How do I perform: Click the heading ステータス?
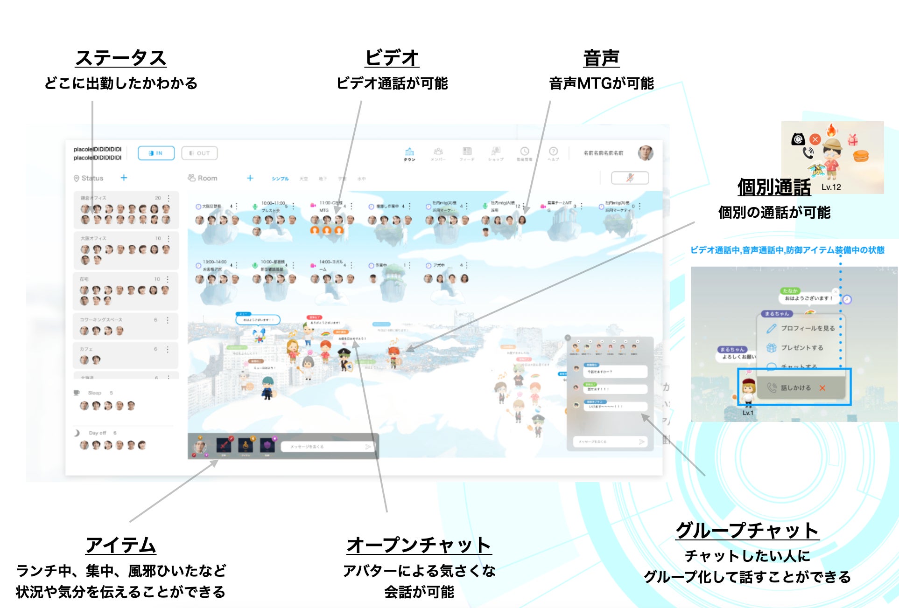(x=120, y=59)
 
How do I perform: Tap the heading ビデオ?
(x=392, y=59)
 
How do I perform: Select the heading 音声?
(x=601, y=59)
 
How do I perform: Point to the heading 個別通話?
(x=774, y=188)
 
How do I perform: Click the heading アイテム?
(x=120, y=545)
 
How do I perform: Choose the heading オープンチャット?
(x=419, y=545)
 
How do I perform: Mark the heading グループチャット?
(x=747, y=531)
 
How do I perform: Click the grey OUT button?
(x=199, y=153)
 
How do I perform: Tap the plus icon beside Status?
(x=124, y=178)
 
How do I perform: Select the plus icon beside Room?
(x=250, y=178)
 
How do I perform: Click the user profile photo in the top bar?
(x=645, y=152)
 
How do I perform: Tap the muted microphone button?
(x=630, y=178)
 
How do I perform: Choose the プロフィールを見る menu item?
(x=808, y=328)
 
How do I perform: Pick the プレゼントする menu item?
(x=802, y=348)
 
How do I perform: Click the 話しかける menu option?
(x=795, y=387)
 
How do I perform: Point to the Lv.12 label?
(x=831, y=187)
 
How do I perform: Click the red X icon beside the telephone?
(x=815, y=139)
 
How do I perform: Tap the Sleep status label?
(x=94, y=393)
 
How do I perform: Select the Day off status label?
(x=97, y=433)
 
